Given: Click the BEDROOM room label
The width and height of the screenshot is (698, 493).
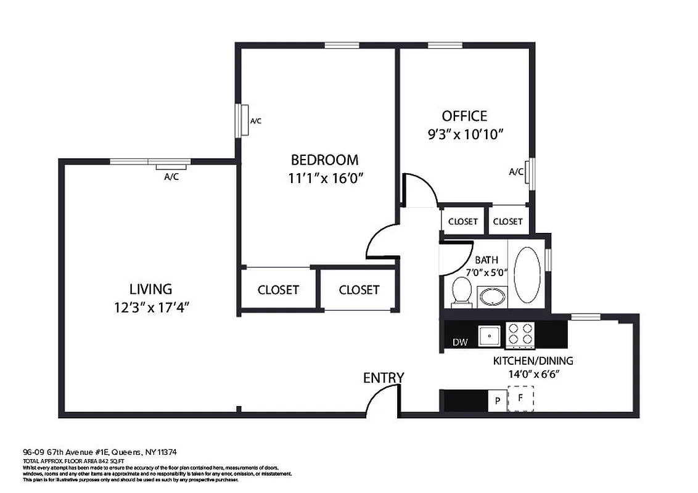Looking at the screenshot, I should coord(324,160).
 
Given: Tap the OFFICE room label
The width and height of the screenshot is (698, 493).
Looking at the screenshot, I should coord(464,116).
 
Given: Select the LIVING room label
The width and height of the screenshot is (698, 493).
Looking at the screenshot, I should coord(150,288).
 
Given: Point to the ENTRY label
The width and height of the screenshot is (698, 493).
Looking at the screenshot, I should coord(384,378).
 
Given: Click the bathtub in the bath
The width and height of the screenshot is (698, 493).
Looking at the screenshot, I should coord(527,275).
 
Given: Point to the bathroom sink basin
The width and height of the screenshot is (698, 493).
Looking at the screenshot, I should coord(492,297).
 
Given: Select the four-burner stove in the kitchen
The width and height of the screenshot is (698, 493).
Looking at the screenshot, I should coord(520,334).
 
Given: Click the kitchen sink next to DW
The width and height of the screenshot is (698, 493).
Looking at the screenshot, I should coord(490,335).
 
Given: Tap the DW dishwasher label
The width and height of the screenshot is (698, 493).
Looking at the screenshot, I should coord(459,342).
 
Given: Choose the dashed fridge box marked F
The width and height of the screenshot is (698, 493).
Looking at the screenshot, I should coord(520,399).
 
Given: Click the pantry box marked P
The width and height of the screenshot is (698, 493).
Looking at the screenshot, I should coord(497,401).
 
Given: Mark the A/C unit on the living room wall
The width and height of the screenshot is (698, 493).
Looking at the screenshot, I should coord(171,166).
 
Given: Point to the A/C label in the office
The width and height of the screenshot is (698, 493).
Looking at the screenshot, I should coord(515,172).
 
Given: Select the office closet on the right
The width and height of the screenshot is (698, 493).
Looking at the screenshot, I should coord(508,221).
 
